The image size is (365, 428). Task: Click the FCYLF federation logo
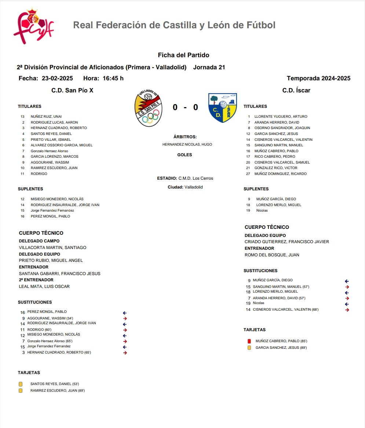[33, 26]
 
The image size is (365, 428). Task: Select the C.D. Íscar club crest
[223, 107]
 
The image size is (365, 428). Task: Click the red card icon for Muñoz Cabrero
[249, 341]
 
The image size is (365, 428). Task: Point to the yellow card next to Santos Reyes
[21, 384]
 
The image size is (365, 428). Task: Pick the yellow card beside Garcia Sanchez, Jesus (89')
[249, 348]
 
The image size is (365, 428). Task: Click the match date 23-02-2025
[57, 78]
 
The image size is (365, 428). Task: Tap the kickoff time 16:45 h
[113, 78]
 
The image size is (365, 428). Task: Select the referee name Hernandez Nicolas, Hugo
[187, 145]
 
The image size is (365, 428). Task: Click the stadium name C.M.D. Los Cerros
[196, 178]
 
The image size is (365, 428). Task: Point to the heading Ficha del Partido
[183, 55]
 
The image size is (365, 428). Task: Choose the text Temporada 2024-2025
[318, 78]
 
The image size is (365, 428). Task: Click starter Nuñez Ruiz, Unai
[46, 117]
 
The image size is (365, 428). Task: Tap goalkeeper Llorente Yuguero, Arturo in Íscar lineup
[281, 117]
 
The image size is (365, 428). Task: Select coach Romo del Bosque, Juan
[272, 255]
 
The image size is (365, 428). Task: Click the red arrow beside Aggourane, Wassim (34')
[125, 318]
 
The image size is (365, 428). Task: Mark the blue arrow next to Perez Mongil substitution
[125, 313]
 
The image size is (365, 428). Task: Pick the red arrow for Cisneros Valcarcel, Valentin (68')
[347, 310]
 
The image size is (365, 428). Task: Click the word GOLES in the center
[185, 155]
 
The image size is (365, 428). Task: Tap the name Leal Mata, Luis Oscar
[44, 286]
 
